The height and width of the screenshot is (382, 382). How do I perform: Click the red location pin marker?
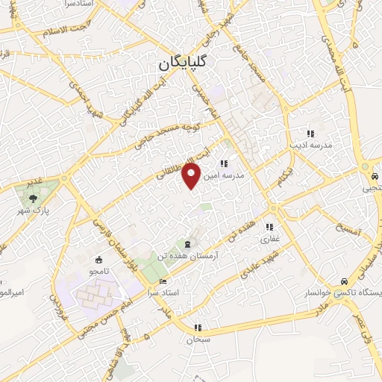[x=192, y=175]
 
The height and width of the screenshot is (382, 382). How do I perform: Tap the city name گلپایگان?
[x=182, y=64]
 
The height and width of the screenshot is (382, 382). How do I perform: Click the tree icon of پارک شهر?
[x=33, y=198]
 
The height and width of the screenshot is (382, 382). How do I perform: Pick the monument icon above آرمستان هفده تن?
[x=187, y=244]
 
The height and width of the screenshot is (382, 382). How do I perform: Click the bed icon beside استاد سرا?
[x=163, y=281]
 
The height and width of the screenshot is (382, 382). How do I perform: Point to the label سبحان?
[x=198, y=339]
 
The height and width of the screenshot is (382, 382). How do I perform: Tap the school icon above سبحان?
[x=198, y=327]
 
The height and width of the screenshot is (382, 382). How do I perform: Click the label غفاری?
[x=269, y=239]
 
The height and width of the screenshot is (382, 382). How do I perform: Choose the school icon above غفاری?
[x=269, y=227]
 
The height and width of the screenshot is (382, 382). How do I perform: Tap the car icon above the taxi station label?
[x=343, y=281]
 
